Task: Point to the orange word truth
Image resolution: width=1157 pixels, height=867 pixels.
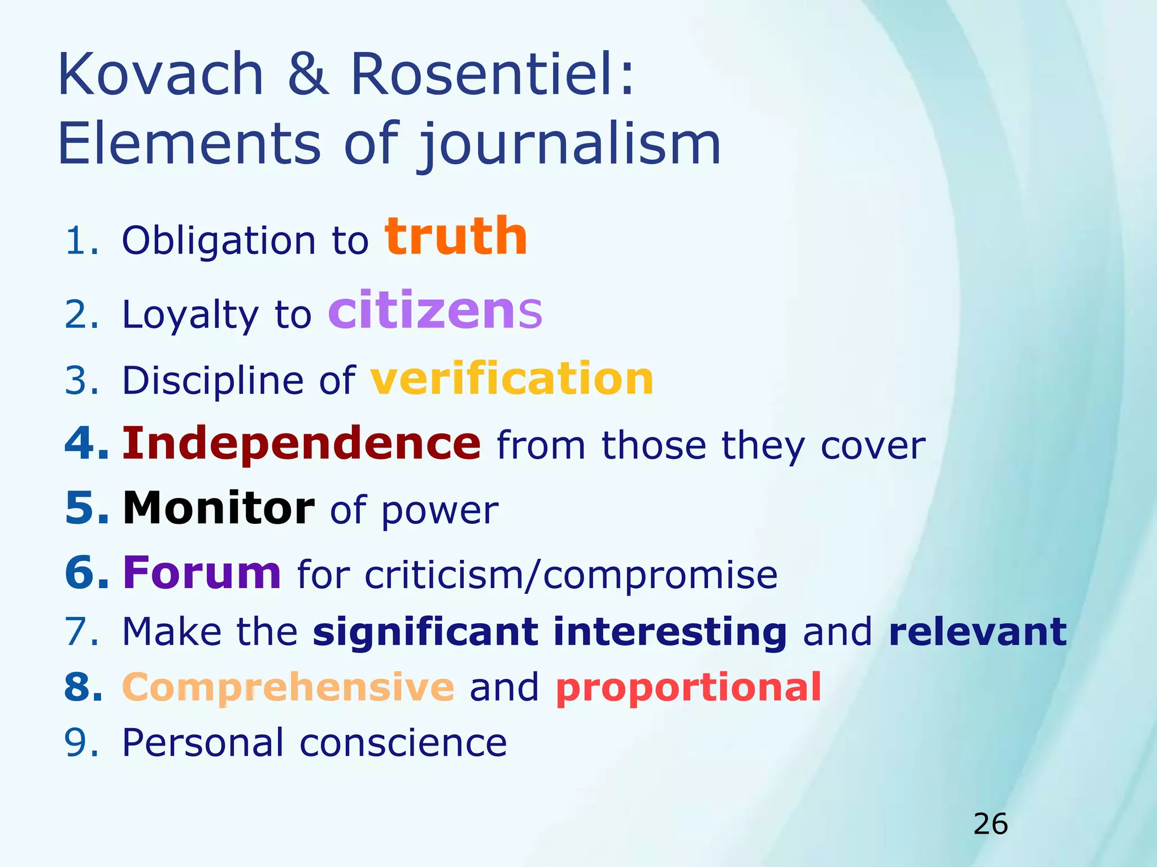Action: (456, 237)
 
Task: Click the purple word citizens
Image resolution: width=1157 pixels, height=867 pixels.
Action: (435, 310)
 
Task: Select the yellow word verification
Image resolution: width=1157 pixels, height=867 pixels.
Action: (512, 379)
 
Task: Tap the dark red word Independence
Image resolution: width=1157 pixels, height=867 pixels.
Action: (302, 444)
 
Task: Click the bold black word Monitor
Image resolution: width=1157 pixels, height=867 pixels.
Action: (219, 508)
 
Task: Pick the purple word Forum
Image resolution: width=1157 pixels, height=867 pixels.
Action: (202, 572)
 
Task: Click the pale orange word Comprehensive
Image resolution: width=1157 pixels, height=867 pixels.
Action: (288, 687)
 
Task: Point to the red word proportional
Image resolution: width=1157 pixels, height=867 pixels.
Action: (689, 688)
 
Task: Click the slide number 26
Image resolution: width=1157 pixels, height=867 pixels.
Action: (990, 824)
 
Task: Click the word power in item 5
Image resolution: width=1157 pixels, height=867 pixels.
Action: (440, 511)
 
